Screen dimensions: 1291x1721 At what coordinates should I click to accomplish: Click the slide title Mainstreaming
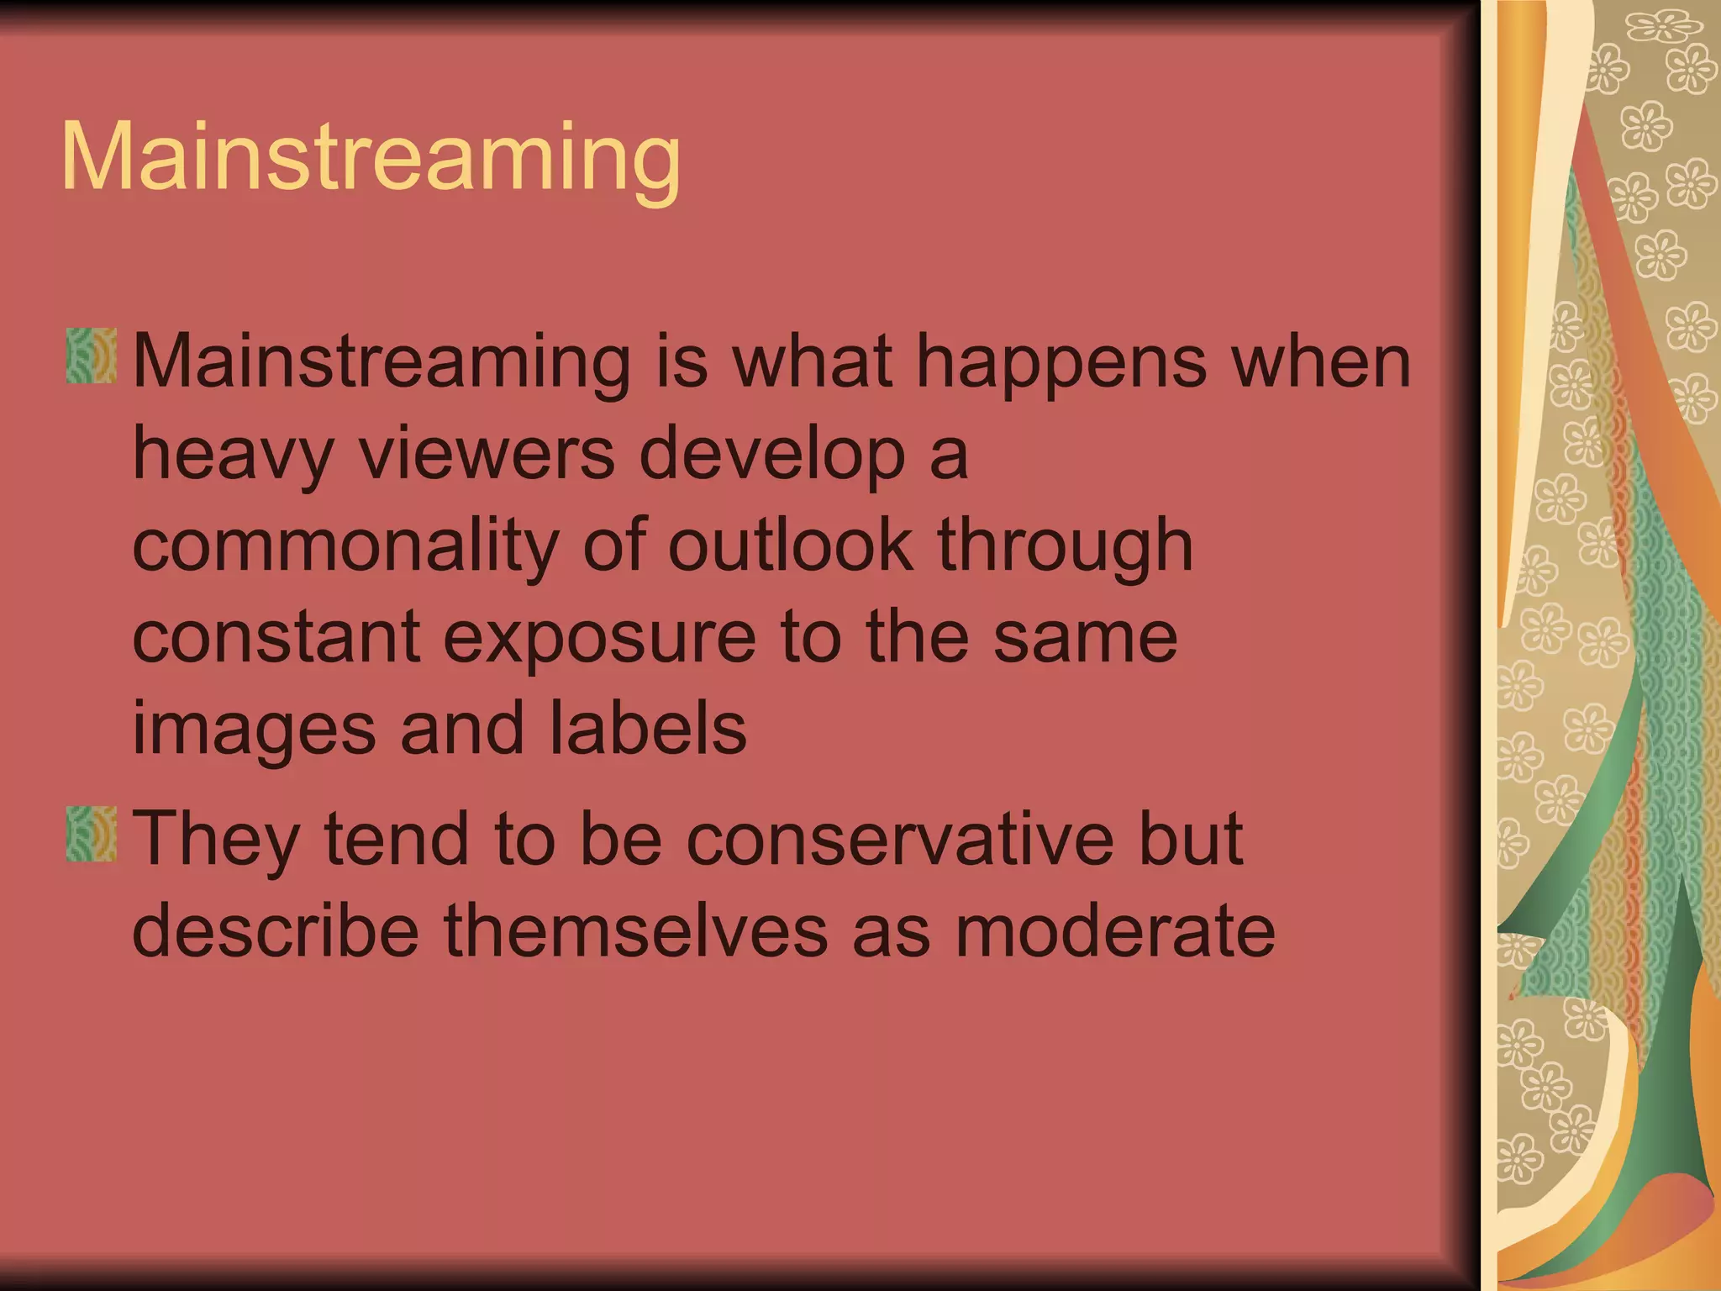[371, 158]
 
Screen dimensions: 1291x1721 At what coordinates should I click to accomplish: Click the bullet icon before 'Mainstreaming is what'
[91, 356]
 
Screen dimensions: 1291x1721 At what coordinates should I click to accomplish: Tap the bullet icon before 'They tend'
[91, 834]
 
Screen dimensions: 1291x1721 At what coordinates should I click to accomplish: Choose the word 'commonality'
[345, 546]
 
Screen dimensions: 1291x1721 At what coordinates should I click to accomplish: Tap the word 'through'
[1065, 546]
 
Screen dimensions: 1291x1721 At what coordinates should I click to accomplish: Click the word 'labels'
[647, 728]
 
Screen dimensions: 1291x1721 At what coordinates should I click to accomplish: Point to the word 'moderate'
[1115, 931]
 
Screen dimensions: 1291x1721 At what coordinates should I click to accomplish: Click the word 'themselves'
[636, 931]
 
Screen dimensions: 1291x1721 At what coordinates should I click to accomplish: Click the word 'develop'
[772, 455]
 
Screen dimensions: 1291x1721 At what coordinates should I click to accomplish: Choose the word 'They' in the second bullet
[216, 840]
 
